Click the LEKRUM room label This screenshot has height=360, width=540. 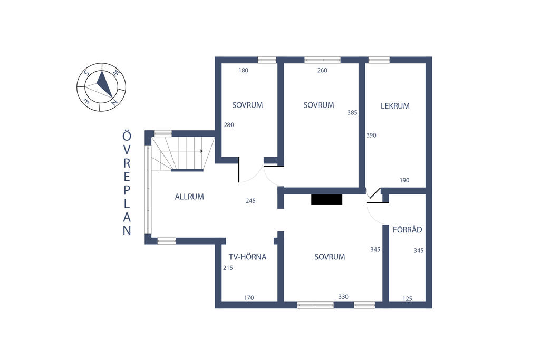point(395,106)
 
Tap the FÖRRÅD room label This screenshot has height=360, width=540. point(407,230)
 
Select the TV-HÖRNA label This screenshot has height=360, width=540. point(247,257)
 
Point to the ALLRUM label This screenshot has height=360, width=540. point(189,197)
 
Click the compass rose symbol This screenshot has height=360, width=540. point(101,87)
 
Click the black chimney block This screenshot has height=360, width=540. point(327,199)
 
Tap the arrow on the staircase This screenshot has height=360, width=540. point(201,151)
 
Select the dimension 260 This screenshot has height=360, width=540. point(322,71)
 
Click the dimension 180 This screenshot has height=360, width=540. point(243,71)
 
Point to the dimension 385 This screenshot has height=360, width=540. point(352,112)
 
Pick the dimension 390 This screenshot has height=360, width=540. point(371,135)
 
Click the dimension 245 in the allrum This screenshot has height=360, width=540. point(250,201)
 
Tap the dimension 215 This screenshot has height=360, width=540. point(228,268)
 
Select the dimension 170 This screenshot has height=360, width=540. point(249,298)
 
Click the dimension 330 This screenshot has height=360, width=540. point(343,297)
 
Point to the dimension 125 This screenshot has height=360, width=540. point(407,299)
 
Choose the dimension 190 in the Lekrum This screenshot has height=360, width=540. point(404,180)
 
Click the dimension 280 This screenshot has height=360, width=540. point(229,125)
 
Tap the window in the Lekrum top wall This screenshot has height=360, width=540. point(379,60)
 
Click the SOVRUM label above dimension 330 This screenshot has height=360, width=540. point(330,257)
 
